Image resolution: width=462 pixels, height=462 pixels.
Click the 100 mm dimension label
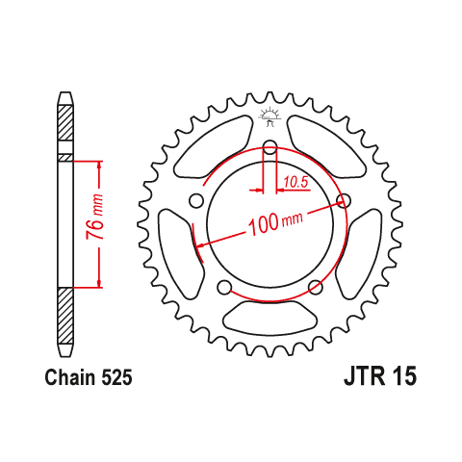pos(275,222)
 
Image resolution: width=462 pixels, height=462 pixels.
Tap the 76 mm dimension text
pos(95,217)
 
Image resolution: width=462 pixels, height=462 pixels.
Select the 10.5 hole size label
pos(295,183)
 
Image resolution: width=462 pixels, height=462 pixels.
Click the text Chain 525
pos(89,377)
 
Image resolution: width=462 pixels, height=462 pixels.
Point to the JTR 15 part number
pos(380,375)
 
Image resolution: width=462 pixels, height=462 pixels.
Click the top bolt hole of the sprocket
pos(269,147)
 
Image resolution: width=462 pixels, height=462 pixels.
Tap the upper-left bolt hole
pos(196,201)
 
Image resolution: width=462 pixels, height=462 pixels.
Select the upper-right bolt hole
pos(344,201)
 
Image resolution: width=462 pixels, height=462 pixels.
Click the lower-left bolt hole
pos(224,287)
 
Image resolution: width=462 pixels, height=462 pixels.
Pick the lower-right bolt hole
pos(316,287)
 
